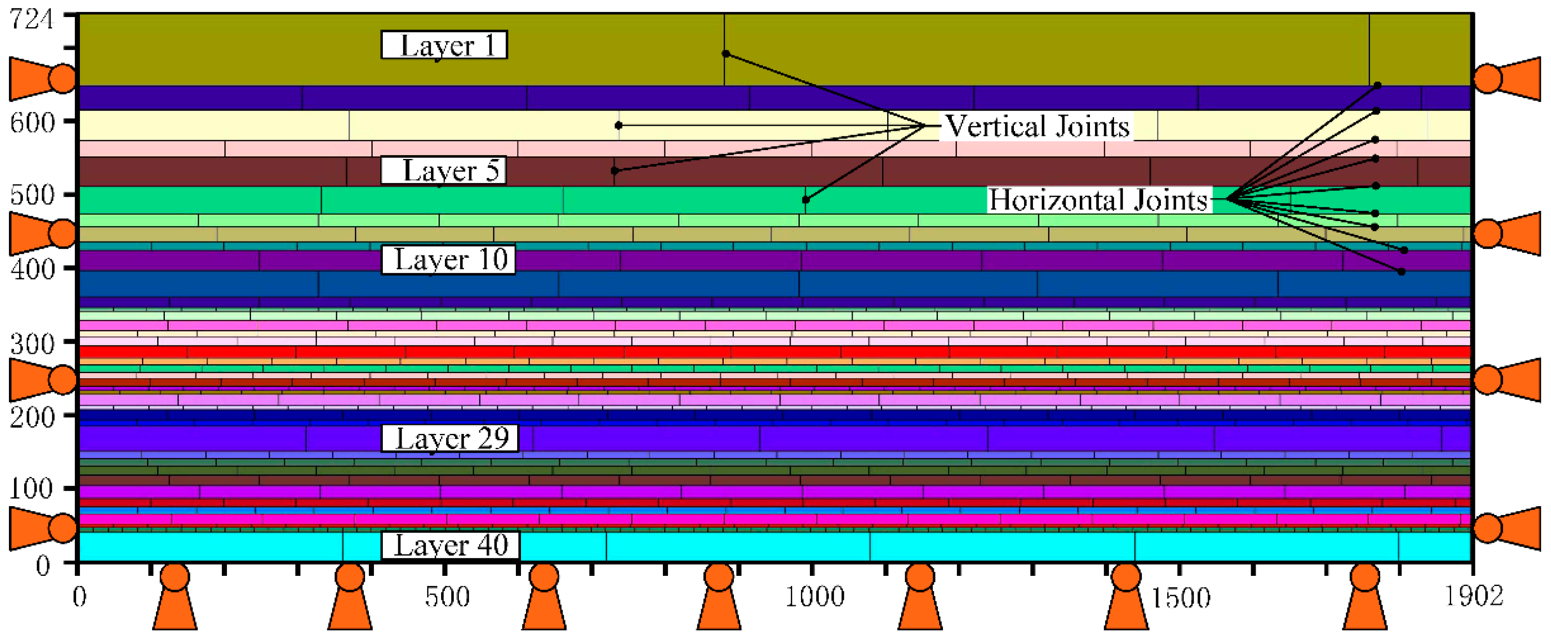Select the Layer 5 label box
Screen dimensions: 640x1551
pos(444,170)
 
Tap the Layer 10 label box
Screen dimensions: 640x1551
pos(449,260)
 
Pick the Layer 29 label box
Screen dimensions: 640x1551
pos(450,438)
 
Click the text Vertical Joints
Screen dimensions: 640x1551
pos(1037,127)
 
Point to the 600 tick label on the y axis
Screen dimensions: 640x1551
pos(33,122)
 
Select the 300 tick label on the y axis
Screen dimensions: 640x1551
pos(33,343)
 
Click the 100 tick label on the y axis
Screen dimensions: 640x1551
pos(31,488)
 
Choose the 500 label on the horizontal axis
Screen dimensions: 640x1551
pos(447,597)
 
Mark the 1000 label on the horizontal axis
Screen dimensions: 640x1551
pos(815,597)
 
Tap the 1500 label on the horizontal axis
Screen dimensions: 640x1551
pos(1180,597)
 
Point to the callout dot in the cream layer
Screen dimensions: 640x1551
pos(618,125)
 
